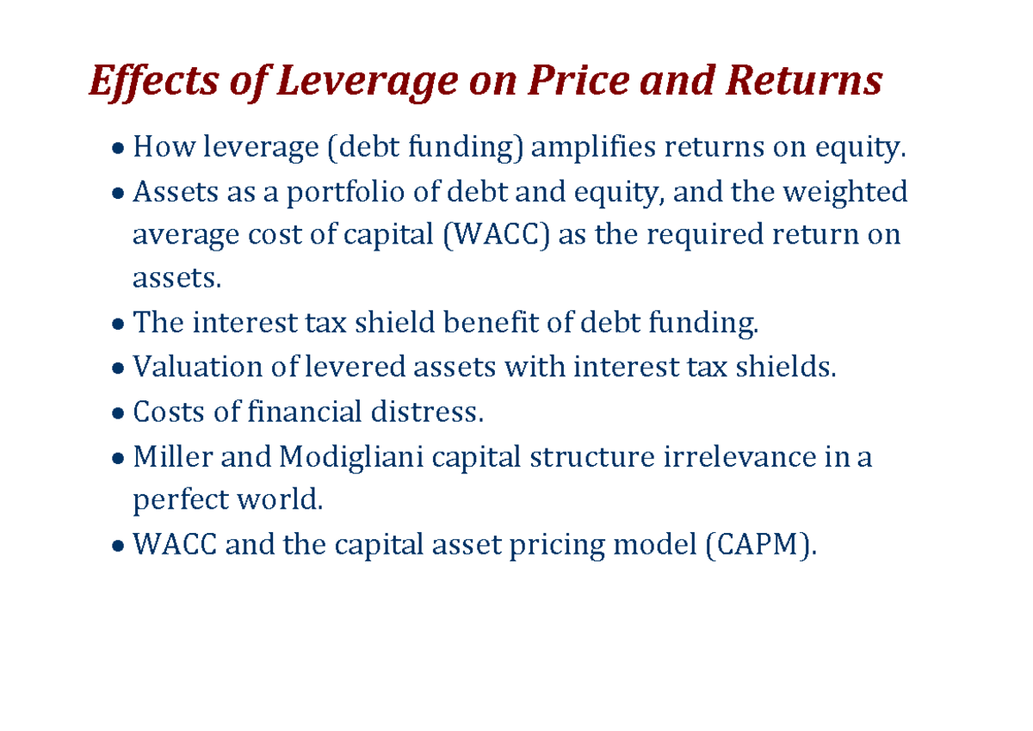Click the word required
[721, 235]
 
